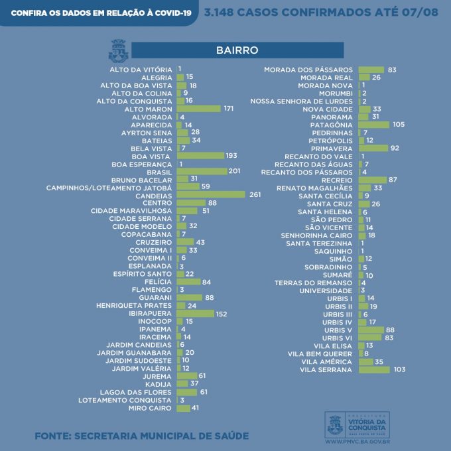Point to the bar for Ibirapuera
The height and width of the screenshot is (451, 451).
click(195, 313)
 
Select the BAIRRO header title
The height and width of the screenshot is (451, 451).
click(237, 50)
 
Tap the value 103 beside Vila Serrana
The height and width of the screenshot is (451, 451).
click(399, 369)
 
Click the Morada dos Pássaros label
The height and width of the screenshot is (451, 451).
click(308, 70)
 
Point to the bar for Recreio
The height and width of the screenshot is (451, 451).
click(372, 180)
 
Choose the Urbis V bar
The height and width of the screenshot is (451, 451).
click(371, 330)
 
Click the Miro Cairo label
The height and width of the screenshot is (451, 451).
click(151, 408)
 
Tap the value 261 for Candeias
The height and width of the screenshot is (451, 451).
click(255, 195)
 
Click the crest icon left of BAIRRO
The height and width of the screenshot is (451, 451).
click(118, 50)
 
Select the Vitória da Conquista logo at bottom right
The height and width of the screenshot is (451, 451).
click(357, 423)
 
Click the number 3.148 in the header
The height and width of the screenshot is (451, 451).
click(224, 13)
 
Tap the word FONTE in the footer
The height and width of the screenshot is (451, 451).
click(52, 436)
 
